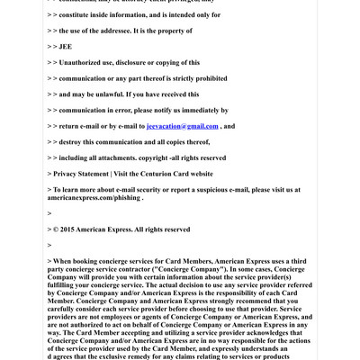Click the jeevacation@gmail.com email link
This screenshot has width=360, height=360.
click(182, 126)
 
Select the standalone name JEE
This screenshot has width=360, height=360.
click(64, 45)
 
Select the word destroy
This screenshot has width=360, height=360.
click(72, 142)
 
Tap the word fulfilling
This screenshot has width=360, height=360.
click(64, 285)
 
